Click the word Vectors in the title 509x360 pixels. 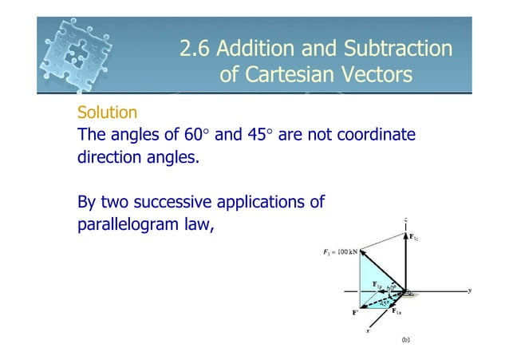374,76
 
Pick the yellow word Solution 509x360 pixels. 107,113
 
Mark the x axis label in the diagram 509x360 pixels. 369,330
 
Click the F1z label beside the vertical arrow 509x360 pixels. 416,236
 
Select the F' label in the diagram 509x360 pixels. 355,313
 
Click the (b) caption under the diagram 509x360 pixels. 405,340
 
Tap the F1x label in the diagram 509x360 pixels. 408,312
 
